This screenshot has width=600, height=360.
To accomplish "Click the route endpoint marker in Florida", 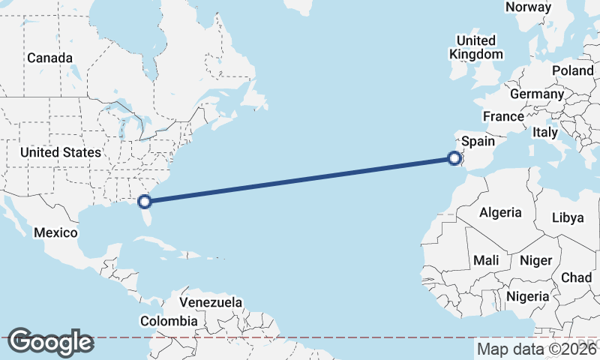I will pos(145,201).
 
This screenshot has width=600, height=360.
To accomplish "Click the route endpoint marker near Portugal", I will pos(454,157).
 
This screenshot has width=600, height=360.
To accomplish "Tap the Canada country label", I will pos(49,58).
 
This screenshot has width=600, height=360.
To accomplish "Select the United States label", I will pos(60,152).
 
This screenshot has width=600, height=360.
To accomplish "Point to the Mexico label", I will pos(55,232).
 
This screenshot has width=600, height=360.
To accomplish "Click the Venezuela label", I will pos(211,302).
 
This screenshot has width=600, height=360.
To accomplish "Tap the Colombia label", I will pos(169,321).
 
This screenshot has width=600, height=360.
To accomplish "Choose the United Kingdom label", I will pos(476,47).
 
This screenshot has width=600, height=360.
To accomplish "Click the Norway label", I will pos(528,7).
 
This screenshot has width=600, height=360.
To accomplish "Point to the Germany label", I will pos(536,94).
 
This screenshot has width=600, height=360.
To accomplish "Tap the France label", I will pos(503,116).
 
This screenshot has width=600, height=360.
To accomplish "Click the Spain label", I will pos(478,141).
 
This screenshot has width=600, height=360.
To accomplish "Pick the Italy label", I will pos(545,132).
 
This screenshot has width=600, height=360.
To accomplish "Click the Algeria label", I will pos(500,212).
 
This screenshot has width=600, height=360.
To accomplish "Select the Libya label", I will pos(567,217).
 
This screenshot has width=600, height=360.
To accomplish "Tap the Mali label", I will pos(486,260).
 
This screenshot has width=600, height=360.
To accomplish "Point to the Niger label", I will pos(535,260).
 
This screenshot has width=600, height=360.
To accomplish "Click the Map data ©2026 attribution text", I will pos(535,349).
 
